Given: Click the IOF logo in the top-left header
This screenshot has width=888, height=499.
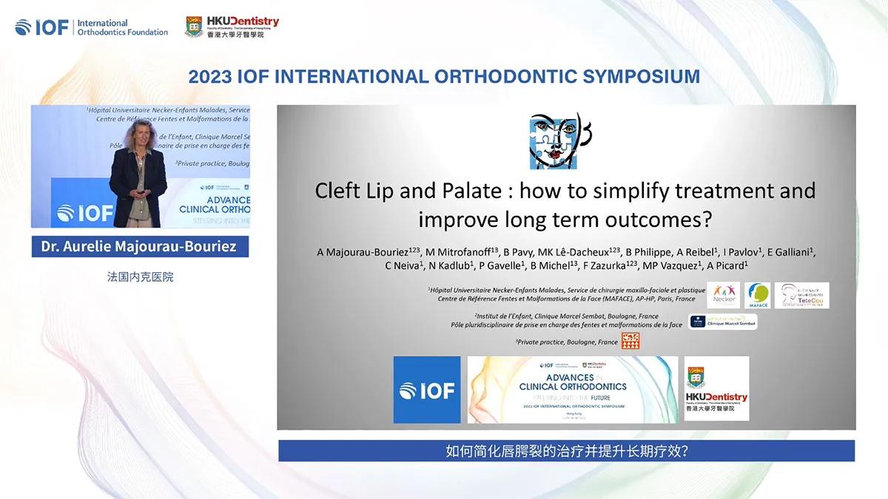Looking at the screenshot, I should pos(43,27).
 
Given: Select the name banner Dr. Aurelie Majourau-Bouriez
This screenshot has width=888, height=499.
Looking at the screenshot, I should pos(140,246).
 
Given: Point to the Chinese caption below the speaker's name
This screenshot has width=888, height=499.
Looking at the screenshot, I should pos(140,278).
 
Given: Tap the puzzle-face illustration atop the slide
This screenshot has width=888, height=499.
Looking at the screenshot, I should pos(560,140).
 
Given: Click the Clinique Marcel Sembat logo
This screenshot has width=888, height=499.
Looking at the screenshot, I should pos(722,322).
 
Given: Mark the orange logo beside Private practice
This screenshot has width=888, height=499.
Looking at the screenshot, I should pos(630,341).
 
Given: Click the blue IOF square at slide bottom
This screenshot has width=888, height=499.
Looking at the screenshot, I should pos(427,390).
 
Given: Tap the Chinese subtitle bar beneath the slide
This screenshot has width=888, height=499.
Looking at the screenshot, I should pos(566,451).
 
